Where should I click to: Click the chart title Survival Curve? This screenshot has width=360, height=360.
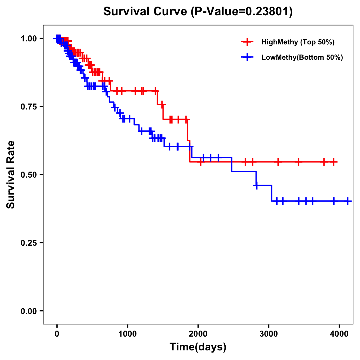(x=145, y=12)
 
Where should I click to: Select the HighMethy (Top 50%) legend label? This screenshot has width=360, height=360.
(x=298, y=42)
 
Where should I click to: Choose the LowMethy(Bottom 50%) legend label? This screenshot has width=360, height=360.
(x=302, y=57)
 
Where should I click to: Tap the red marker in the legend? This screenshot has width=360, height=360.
(x=247, y=42)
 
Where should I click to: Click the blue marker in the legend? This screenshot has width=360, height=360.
(x=247, y=57)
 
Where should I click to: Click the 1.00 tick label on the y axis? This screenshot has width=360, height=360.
(x=28, y=39)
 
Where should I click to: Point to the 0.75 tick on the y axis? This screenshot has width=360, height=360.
(x=28, y=107)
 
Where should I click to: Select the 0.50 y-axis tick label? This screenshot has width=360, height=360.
(x=28, y=175)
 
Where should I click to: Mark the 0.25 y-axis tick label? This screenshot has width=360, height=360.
(x=28, y=243)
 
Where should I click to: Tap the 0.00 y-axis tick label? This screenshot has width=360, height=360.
(x=28, y=311)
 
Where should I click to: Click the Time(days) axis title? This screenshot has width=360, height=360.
(x=198, y=347)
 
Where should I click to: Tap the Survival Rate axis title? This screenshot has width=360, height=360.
(x=11, y=175)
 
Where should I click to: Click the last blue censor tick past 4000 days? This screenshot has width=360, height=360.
(x=347, y=201)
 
